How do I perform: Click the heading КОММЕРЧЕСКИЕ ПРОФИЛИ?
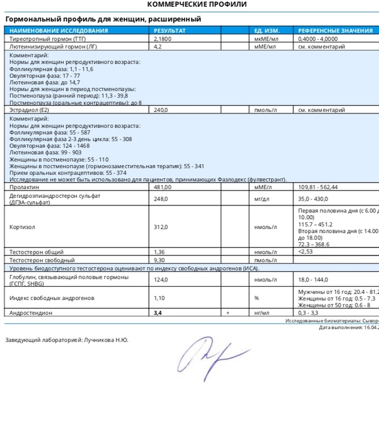197,5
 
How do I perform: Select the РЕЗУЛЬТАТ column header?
170,30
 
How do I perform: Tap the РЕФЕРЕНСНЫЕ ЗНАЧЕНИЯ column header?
335,30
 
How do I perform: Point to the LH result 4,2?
158,46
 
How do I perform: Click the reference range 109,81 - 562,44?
318,187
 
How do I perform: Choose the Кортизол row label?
22,227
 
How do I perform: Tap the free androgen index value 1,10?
159,298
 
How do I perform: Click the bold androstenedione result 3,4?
158,313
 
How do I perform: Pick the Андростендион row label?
31,313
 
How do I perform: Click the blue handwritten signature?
209,355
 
